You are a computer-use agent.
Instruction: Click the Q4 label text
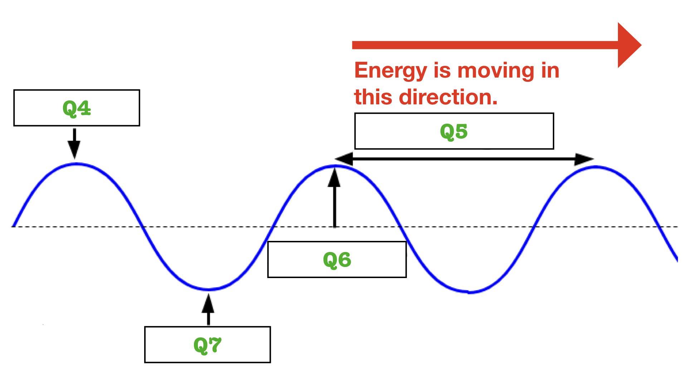tap(77, 108)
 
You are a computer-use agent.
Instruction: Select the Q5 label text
tap(454, 131)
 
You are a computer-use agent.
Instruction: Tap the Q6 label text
tap(337, 259)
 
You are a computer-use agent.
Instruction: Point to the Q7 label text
tap(208, 345)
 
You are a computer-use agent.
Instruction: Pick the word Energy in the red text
tap(390, 70)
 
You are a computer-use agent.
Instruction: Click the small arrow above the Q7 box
tap(208, 309)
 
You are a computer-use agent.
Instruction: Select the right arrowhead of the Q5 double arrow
tap(584, 159)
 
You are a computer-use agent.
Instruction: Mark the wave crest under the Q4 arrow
tap(76, 164)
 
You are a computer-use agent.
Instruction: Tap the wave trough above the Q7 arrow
tap(209, 289)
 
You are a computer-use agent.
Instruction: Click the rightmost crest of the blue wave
tap(596, 167)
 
